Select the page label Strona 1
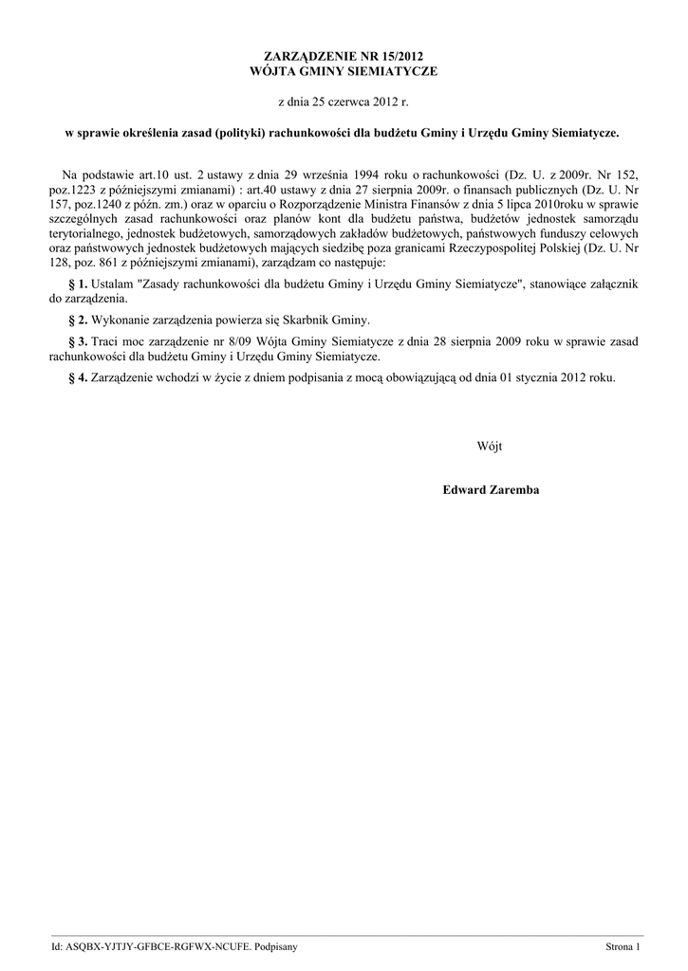click(624, 947)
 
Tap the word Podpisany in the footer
click(270, 947)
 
